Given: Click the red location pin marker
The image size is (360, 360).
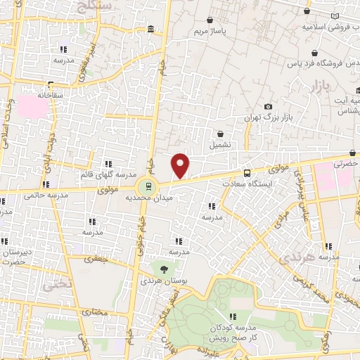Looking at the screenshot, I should point(181,165).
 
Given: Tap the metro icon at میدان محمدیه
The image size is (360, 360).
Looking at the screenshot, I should point(148,187).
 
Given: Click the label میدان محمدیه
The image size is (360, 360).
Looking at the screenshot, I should point(148,199).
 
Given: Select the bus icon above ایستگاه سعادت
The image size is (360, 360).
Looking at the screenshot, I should point(247,173).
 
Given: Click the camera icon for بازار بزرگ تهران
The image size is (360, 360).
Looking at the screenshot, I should point(268,107).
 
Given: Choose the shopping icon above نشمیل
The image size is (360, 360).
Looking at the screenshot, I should point(221,133).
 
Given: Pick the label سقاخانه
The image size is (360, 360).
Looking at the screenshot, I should point(51,94).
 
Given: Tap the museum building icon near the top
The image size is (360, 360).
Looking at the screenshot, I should point(151,29).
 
